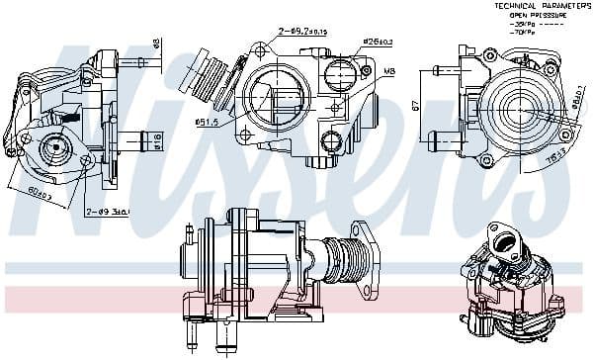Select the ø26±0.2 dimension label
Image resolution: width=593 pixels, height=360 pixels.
[347, 41]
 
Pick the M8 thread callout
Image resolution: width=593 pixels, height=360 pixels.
[388, 71]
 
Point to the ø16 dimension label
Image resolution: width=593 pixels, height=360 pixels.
[157, 138]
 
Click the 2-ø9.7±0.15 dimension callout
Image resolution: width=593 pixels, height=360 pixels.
[302, 32]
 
